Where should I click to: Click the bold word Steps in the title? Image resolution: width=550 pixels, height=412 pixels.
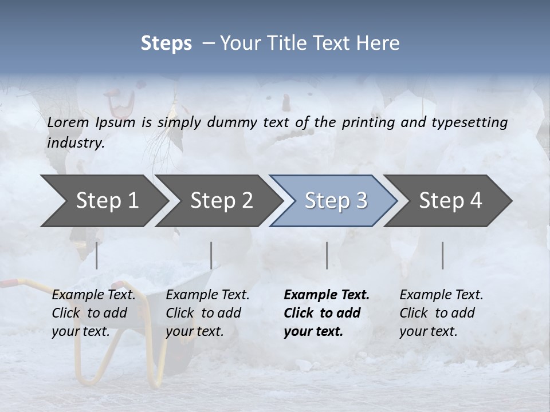(x=166, y=43)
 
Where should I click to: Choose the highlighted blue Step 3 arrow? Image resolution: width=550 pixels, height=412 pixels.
(x=336, y=201)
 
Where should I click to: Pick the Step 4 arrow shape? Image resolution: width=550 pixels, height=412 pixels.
(x=450, y=201)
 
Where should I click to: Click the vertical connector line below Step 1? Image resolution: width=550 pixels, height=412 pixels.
(x=96, y=255)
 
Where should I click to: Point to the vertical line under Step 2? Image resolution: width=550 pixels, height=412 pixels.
(x=211, y=255)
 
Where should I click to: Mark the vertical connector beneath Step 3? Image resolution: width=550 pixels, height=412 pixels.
(x=327, y=255)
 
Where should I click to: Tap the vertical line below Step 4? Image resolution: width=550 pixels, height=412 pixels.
(x=442, y=255)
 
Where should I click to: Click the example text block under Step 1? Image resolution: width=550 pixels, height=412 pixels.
(x=93, y=313)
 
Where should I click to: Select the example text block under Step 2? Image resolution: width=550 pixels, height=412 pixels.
(x=207, y=313)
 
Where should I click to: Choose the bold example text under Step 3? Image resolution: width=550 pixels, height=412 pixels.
(x=327, y=313)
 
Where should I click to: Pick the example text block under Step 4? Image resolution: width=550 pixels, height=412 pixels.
(x=441, y=313)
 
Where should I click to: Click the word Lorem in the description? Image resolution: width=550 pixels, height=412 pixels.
(x=68, y=122)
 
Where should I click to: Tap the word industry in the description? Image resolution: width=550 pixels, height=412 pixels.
(x=76, y=143)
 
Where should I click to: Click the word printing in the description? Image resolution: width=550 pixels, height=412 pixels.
(x=370, y=122)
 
